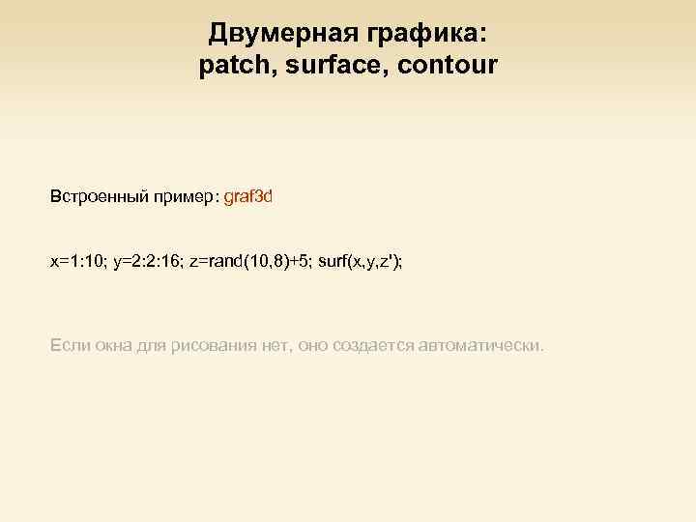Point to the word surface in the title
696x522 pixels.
334,66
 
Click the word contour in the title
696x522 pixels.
450,66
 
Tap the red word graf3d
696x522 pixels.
248,197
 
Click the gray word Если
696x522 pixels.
68,344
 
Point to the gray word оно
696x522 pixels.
315,344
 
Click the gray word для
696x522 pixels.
152,344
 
